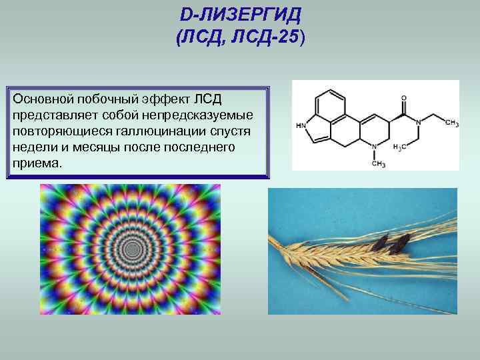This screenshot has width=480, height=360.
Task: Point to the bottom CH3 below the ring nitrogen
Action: [x=379, y=163]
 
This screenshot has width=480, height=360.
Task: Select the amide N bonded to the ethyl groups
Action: [x=418, y=123]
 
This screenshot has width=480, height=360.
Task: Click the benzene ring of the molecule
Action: [x=329, y=107]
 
